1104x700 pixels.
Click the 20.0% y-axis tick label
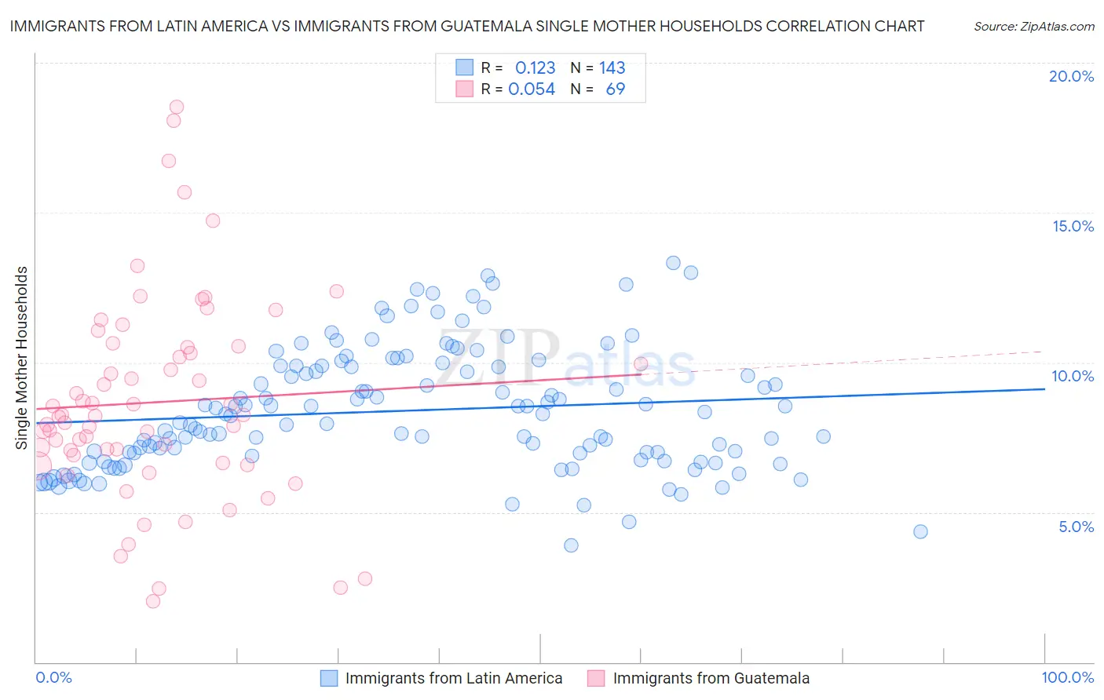tap(1071, 76)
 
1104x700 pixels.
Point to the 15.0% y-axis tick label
tap(1073, 226)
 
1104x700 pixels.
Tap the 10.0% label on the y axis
tap(1073, 376)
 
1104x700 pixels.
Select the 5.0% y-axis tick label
tap(1076, 527)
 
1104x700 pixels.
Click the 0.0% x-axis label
tap(53, 677)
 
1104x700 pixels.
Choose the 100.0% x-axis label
tap(1067, 677)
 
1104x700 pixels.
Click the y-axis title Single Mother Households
tap(22, 358)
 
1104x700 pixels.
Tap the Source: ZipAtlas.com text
tap(1033, 27)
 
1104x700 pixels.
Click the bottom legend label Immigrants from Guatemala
tap(711, 678)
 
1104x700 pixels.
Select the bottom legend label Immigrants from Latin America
tap(454, 678)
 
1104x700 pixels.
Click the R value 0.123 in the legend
tap(535, 67)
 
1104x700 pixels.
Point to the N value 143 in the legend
tap(612, 67)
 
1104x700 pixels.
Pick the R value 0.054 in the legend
tap(532, 89)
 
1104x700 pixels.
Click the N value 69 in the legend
tap(615, 89)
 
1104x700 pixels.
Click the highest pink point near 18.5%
tap(177, 107)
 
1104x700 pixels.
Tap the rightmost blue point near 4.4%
tap(920, 531)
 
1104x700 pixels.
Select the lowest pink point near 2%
tap(153, 601)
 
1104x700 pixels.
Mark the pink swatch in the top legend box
tap(464, 89)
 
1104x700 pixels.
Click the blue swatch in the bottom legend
tap(329, 678)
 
